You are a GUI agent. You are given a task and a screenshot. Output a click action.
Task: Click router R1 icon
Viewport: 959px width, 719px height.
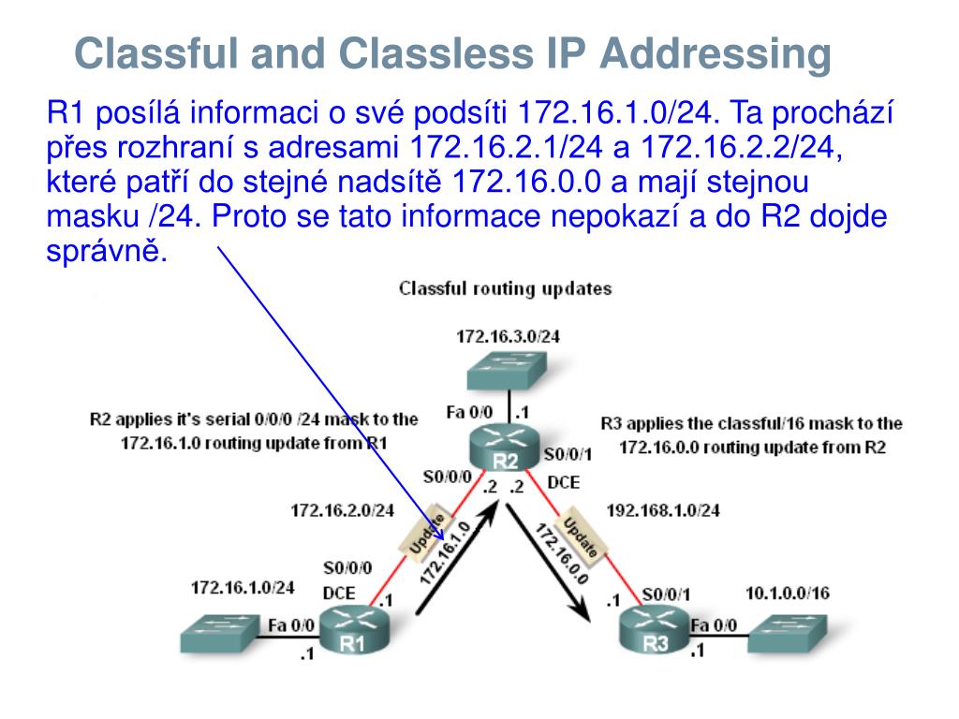coord(352,632)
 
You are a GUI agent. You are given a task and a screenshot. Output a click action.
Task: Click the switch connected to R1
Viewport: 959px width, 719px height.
coord(217,634)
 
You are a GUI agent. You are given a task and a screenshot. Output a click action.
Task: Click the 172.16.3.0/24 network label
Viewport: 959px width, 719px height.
coord(509,336)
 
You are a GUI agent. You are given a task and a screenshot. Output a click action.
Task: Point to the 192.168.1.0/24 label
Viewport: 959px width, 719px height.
coord(663,511)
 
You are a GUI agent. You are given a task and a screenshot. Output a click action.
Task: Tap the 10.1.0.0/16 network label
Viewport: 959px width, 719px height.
coord(787,593)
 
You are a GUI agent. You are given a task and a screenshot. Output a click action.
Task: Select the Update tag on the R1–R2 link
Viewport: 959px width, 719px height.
coord(428,532)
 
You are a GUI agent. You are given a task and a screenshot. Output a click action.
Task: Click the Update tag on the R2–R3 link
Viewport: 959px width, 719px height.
coord(582,534)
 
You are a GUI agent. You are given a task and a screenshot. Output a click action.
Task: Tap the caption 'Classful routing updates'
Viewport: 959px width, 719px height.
coord(506,288)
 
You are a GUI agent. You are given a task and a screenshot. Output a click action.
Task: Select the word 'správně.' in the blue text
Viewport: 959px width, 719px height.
coord(107,252)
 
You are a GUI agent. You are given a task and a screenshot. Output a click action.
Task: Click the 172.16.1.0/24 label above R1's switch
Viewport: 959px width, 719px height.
coord(243,587)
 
